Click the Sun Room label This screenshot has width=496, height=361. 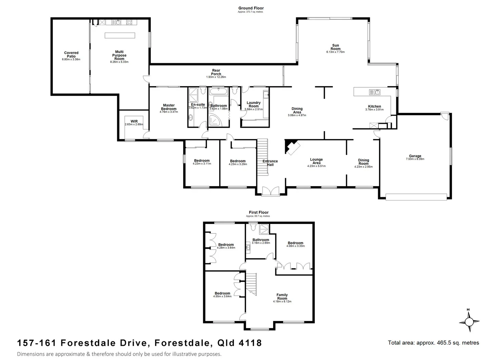point(335,47)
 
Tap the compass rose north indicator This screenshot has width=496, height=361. point(469,322)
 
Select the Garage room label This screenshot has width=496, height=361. point(415,156)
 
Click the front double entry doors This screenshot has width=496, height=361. point(270,191)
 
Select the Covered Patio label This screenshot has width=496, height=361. point(71,54)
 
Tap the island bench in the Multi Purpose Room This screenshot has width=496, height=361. point(120,35)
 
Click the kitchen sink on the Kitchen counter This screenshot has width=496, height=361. point(374,92)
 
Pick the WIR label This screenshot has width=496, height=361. point(134,121)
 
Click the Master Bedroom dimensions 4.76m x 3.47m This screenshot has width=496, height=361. point(169,112)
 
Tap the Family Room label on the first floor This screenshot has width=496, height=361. point(282,296)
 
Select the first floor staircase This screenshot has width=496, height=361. point(251,284)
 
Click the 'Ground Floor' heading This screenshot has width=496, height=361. point(251,8)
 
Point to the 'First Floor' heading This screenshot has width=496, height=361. point(258,212)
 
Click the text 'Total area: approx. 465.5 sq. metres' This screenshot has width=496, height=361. point(433,343)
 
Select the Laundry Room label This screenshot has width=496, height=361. point(253,104)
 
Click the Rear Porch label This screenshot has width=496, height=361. point(216,72)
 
